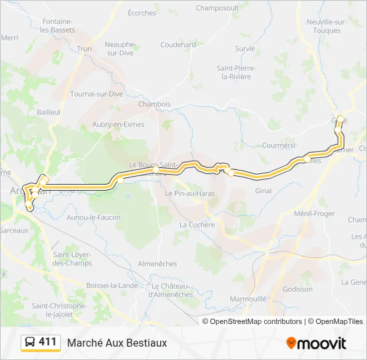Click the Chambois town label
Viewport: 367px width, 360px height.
(x=154, y=104)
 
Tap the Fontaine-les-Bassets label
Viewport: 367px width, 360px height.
(x=56, y=25)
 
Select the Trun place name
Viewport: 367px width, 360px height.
(x=84, y=49)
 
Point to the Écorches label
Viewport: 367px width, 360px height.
(x=141, y=13)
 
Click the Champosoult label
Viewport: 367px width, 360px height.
(x=218, y=8)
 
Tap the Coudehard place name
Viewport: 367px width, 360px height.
(x=177, y=45)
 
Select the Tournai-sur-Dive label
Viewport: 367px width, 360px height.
(x=97, y=94)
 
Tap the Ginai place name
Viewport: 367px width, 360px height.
(x=264, y=191)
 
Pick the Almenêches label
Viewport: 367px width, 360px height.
(x=157, y=264)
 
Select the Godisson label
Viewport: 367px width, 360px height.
(x=297, y=289)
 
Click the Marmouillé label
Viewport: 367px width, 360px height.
(x=248, y=299)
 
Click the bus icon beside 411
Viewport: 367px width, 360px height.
(x=30, y=342)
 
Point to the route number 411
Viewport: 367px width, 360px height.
(x=47, y=342)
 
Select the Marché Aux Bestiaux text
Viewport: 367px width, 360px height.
(x=117, y=343)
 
